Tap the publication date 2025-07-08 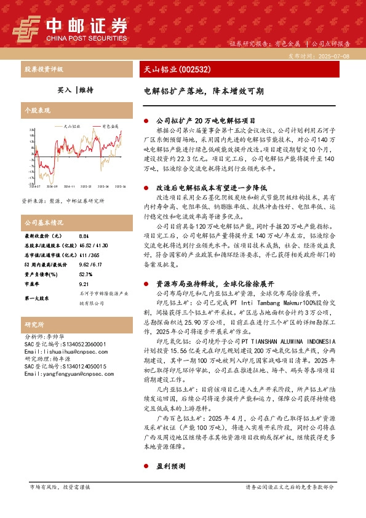[332, 56]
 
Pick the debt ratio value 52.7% [86, 257]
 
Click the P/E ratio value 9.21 [85, 268]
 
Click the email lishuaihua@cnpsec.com [57, 351]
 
